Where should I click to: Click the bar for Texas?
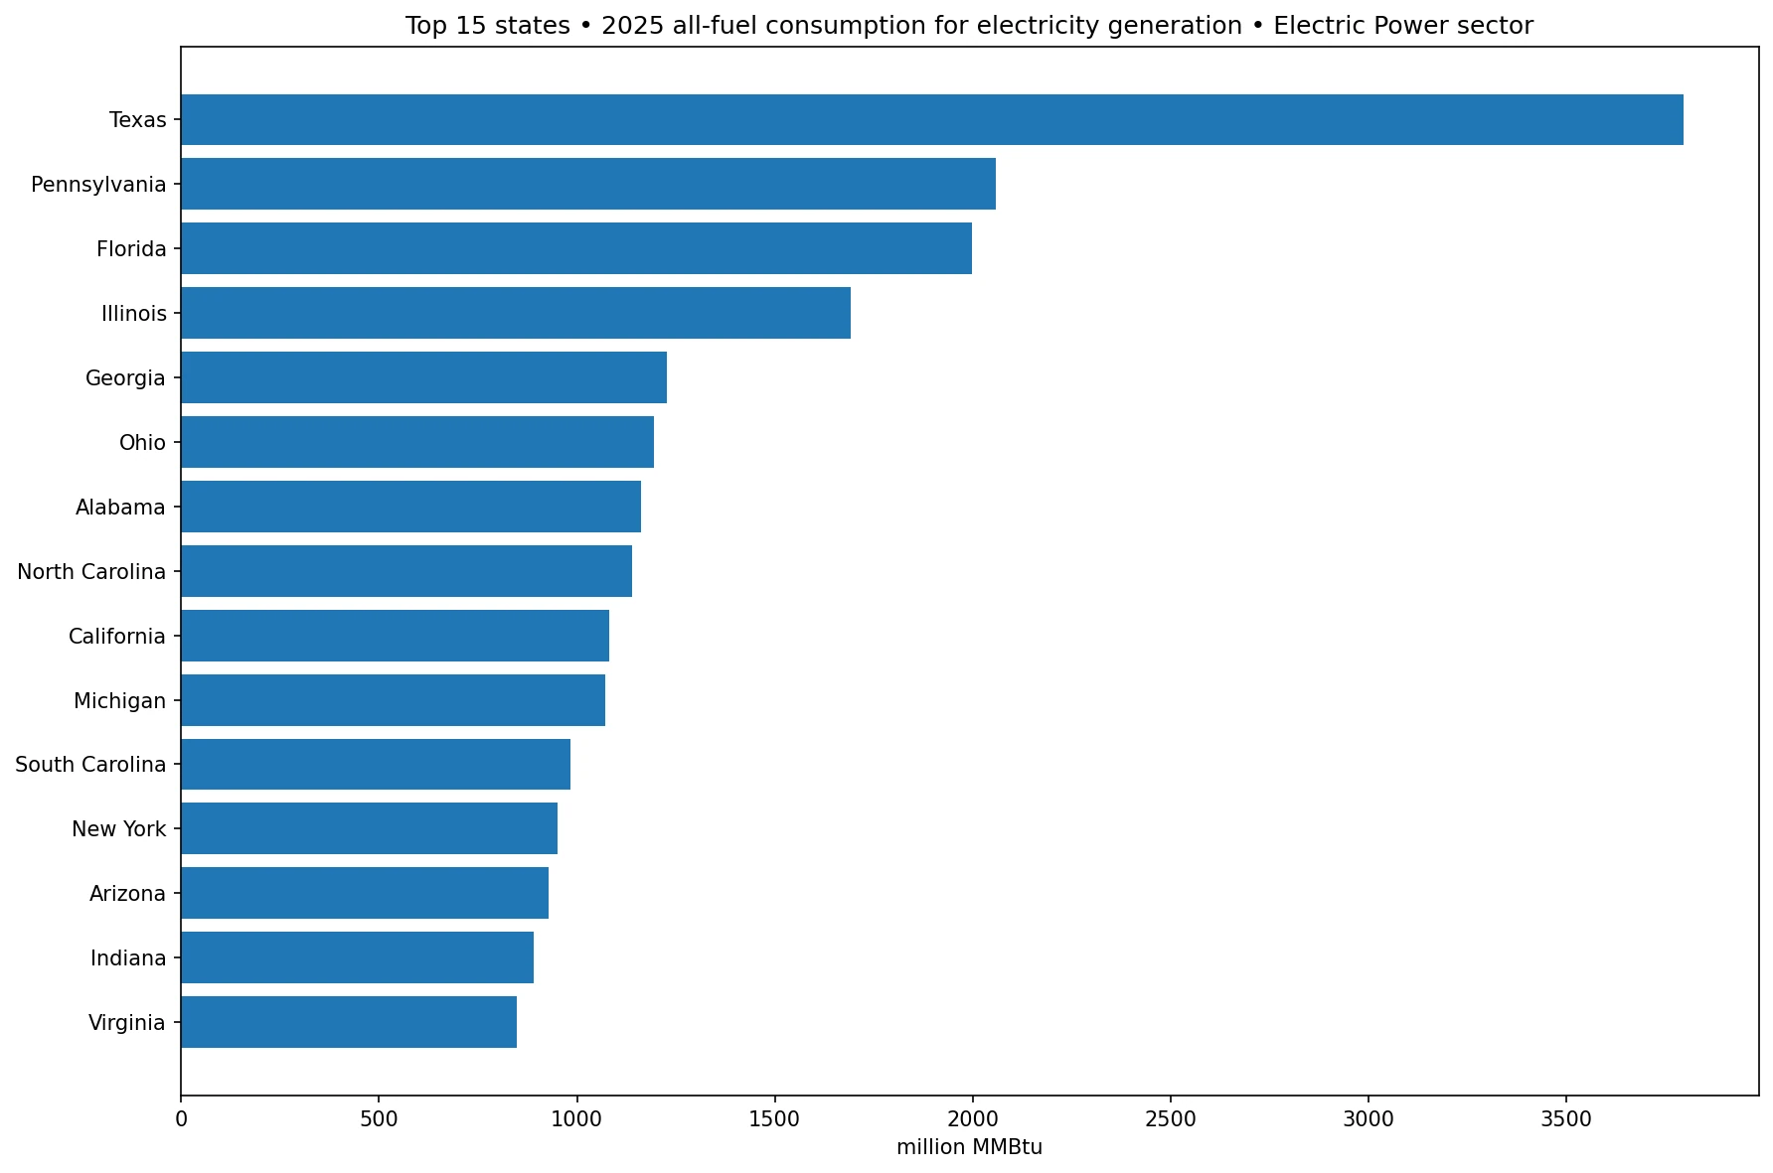[x=932, y=119]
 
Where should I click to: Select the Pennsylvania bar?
[x=588, y=184]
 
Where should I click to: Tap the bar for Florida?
[x=576, y=248]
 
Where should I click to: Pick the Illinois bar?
[x=516, y=313]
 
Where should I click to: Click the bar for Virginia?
[x=349, y=1022]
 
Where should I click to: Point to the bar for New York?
[x=369, y=828]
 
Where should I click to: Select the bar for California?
[x=395, y=636]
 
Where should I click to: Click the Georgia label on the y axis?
[x=125, y=378]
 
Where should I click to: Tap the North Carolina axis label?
[x=91, y=572]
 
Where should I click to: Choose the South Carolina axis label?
[x=90, y=765]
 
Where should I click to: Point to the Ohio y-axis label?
[x=142, y=443]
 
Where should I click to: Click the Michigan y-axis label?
[x=119, y=701]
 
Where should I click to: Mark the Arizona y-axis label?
[x=127, y=894]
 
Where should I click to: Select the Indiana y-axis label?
[x=128, y=958]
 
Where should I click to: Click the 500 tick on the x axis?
[x=379, y=1119]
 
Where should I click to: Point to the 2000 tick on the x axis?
[x=972, y=1119]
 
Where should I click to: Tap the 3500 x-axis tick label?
[x=1566, y=1119]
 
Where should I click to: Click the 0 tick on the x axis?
[x=181, y=1119]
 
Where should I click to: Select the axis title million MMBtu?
[x=969, y=1148]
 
